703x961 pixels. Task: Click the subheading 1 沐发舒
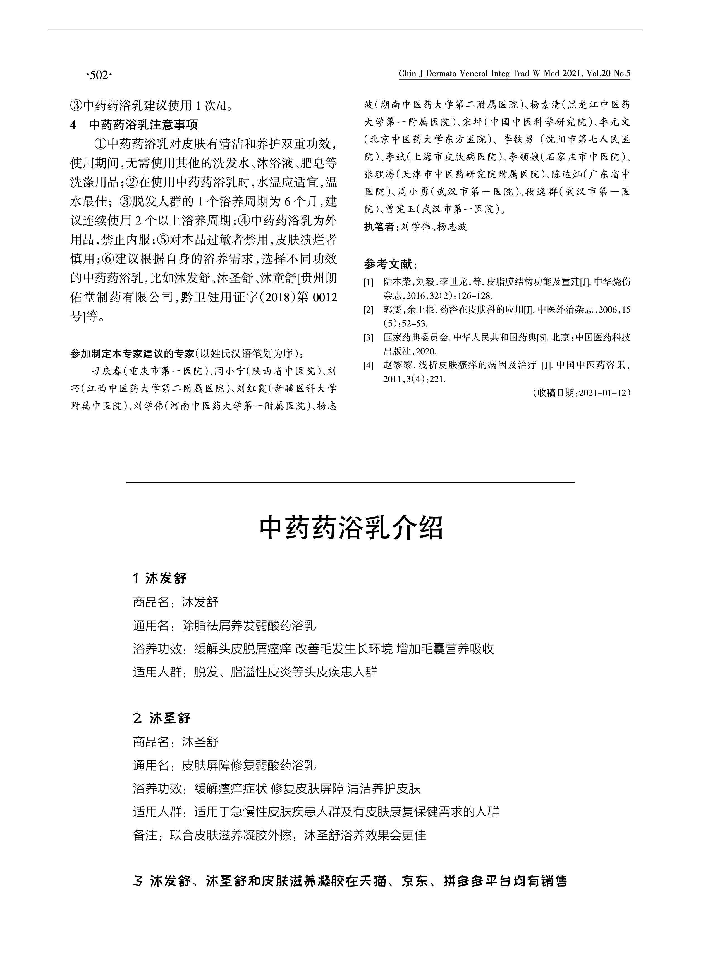pos(160,579)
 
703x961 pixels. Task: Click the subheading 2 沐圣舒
pos(162,718)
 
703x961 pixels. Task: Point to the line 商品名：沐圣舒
pos(176,742)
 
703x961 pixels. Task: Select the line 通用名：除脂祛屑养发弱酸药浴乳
pos(224,626)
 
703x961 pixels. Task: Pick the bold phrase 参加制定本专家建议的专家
pos(132,354)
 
